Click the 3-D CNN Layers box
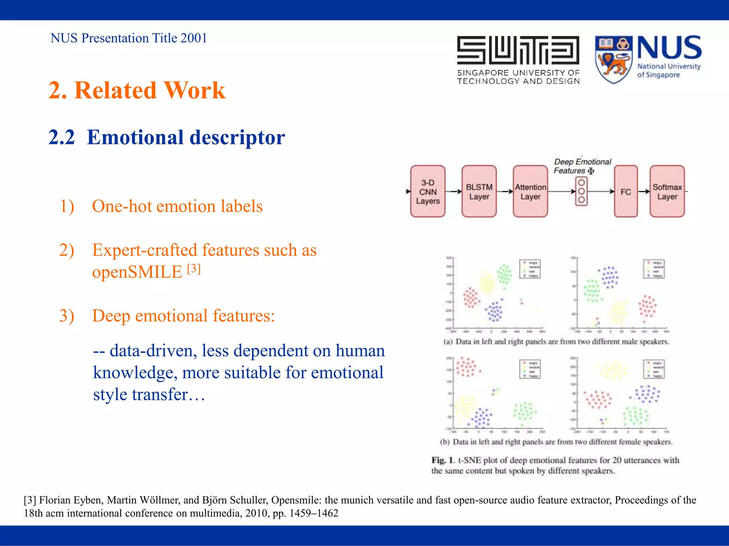click(x=428, y=191)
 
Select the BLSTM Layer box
click(x=479, y=191)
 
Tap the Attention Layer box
click(x=530, y=191)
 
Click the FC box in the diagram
click(x=625, y=191)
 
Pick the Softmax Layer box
click(x=667, y=191)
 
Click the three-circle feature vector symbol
click(x=581, y=191)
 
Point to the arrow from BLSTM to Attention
click(x=505, y=191)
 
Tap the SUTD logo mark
click(x=518, y=50)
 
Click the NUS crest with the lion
click(x=613, y=59)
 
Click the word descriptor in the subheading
click(x=237, y=137)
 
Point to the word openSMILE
click(x=137, y=272)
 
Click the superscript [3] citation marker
click(x=194, y=268)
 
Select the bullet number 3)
click(x=67, y=316)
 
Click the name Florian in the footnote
click(x=53, y=500)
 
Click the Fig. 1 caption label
click(x=443, y=460)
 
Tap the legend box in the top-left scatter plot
click(x=530, y=269)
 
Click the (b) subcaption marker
click(x=445, y=442)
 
